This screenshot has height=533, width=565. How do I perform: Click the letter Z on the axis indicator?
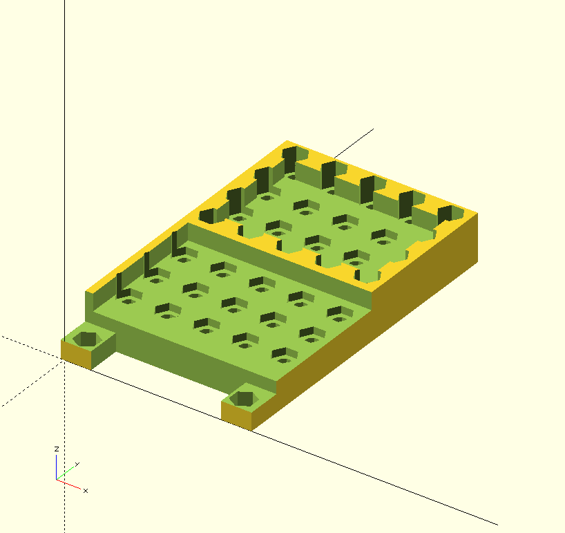(57, 449)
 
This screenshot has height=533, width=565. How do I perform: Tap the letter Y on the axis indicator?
(77, 464)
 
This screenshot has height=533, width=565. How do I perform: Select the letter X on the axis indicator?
(86, 491)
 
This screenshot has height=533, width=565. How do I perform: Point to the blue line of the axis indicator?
(56, 467)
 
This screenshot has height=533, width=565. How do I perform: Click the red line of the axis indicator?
(69, 485)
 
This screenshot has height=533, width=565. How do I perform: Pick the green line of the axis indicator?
(65, 474)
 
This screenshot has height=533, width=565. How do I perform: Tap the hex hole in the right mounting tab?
(244, 398)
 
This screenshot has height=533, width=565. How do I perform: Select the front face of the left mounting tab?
(76, 355)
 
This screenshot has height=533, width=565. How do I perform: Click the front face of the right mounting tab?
(236, 415)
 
